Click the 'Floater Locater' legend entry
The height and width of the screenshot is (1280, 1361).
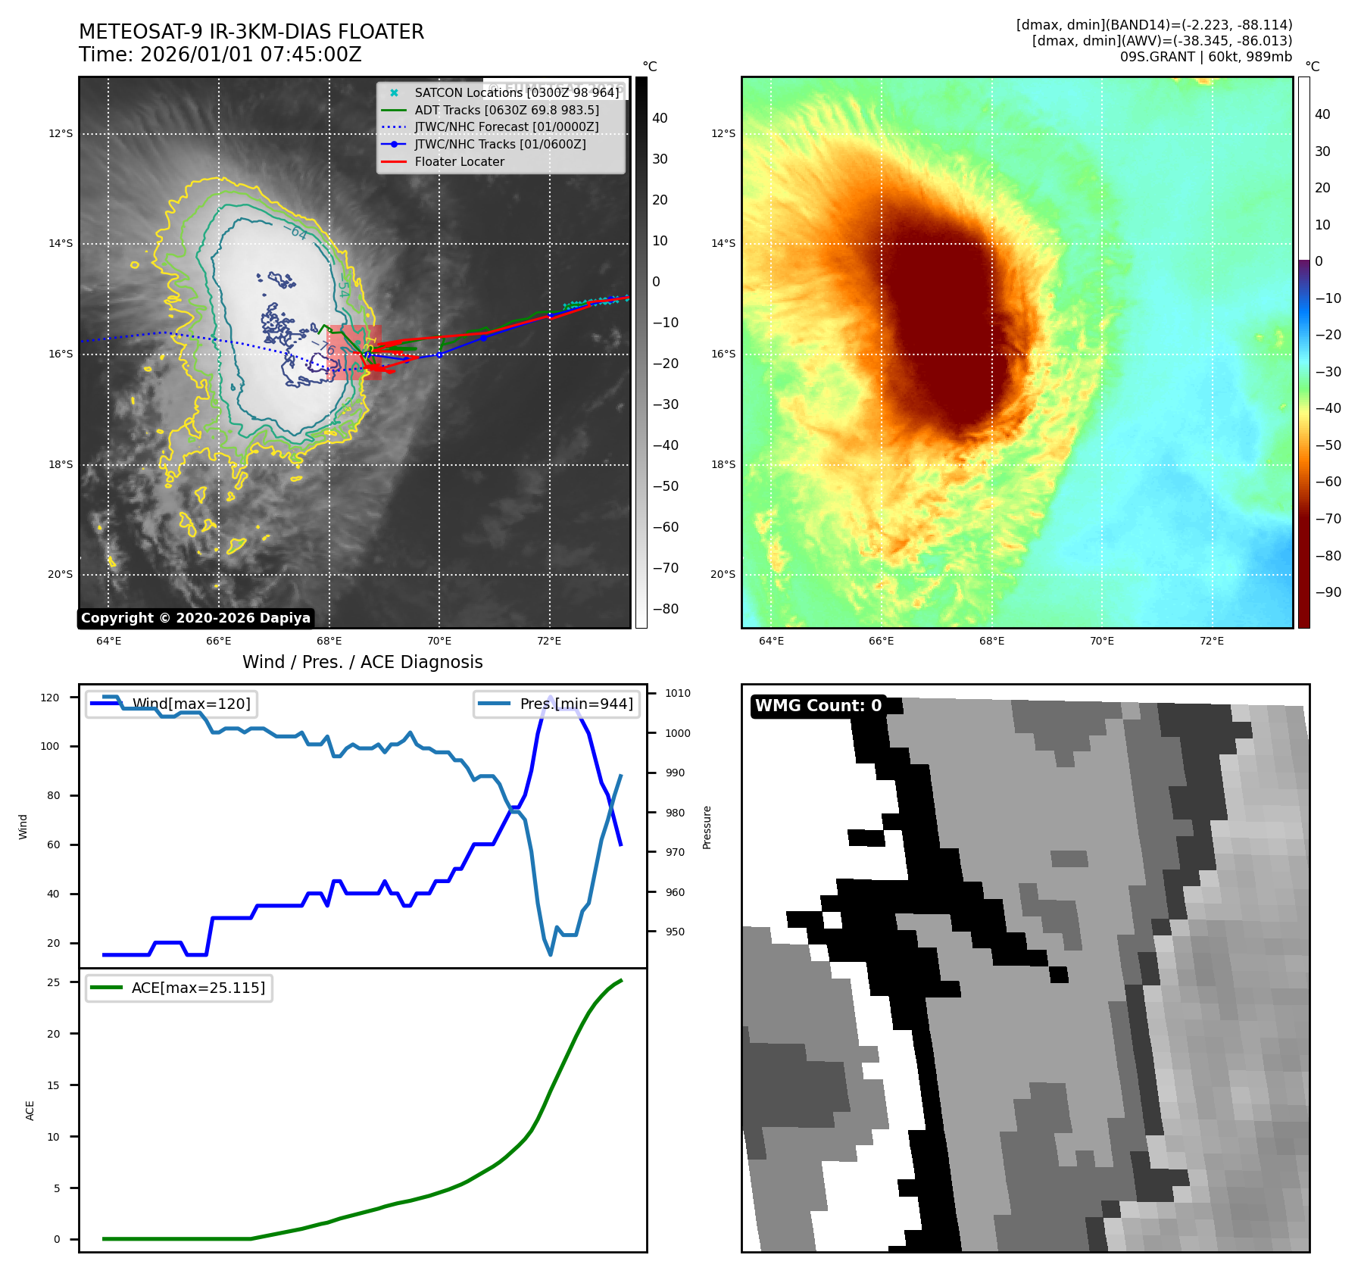click(459, 162)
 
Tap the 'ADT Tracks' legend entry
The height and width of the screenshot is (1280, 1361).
click(507, 111)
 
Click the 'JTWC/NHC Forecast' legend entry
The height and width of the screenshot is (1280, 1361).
click(506, 127)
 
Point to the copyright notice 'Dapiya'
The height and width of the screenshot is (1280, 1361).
click(195, 618)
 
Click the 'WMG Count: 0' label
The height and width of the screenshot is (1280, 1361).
click(818, 706)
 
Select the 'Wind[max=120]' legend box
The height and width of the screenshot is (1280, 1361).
click(171, 704)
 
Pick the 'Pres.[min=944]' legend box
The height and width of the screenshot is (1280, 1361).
click(557, 704)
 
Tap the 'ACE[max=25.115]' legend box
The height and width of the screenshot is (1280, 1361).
click(179, 988)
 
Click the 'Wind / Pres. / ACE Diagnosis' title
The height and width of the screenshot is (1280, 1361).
click(362, 663)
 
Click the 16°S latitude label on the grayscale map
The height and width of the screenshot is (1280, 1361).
click(61, 354)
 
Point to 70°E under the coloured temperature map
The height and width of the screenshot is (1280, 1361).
click(1101, 642)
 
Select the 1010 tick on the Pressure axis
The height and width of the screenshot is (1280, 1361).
click(678, 694)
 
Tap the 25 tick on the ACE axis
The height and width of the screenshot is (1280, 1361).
click(54, 983)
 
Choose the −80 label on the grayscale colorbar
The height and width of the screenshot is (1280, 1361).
click(666, 610)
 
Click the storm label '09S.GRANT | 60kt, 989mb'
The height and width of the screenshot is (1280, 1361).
click(1206, 57)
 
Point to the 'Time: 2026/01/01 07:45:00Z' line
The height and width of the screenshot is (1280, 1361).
click(220, 55)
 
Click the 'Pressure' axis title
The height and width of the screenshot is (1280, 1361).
click(707, 827)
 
